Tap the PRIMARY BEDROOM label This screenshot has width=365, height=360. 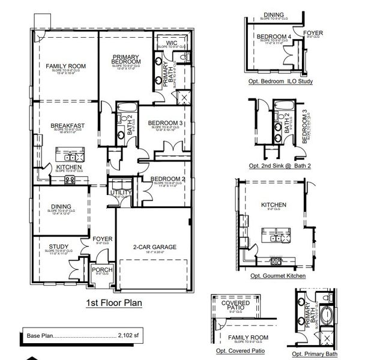(x=126, y=59)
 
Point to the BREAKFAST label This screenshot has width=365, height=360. (x=67, y=125)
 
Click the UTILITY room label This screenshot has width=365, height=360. (x=121, y=193)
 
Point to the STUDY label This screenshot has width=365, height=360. (x=58, y=245)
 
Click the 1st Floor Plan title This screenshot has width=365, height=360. (x=113, y=303)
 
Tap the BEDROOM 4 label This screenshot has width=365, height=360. (x=273, y=37)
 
